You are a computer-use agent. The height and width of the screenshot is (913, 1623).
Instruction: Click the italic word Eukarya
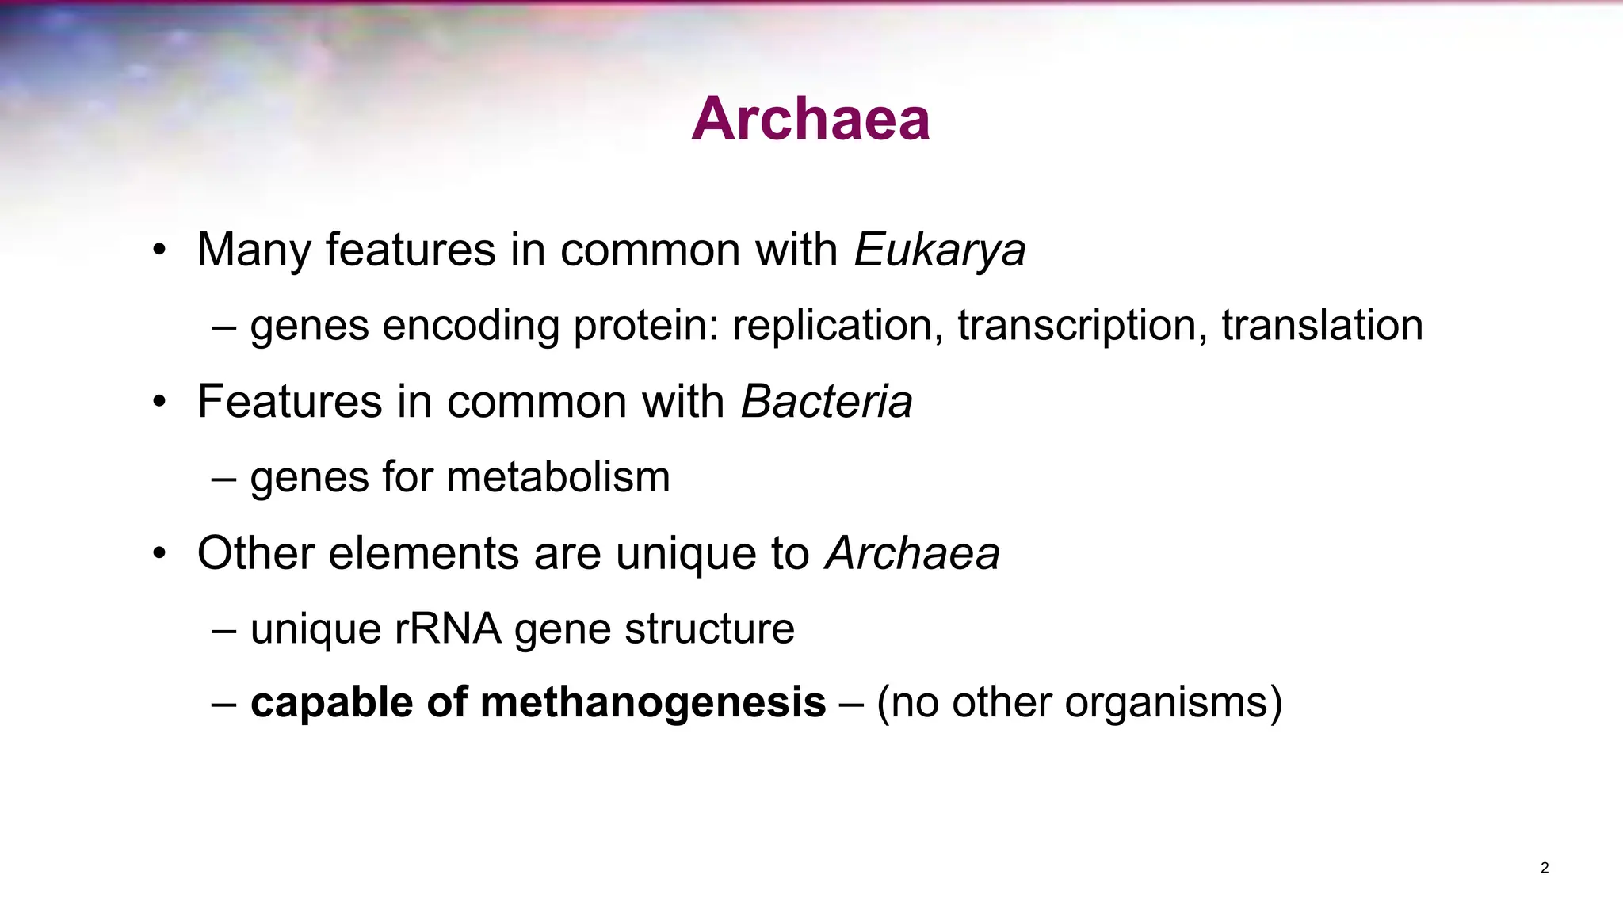(x=940, y=250)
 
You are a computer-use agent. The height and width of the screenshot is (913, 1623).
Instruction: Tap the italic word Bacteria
(x=826, y=401)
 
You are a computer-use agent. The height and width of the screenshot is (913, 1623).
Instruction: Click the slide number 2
(x=1545, y=868)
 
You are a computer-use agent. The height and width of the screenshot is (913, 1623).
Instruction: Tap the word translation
(x=1322, y=326)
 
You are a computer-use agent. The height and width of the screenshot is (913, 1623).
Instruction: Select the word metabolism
(x=558, y=477)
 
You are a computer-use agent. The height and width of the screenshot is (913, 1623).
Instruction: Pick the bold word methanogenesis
(x=653, y=702)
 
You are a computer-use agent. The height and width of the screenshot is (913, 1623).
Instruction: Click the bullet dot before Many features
(x=160, y=251)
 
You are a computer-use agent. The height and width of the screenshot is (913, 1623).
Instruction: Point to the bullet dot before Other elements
(x=160, y=555)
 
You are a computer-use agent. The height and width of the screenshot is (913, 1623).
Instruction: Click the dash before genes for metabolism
(x=224, y=478)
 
